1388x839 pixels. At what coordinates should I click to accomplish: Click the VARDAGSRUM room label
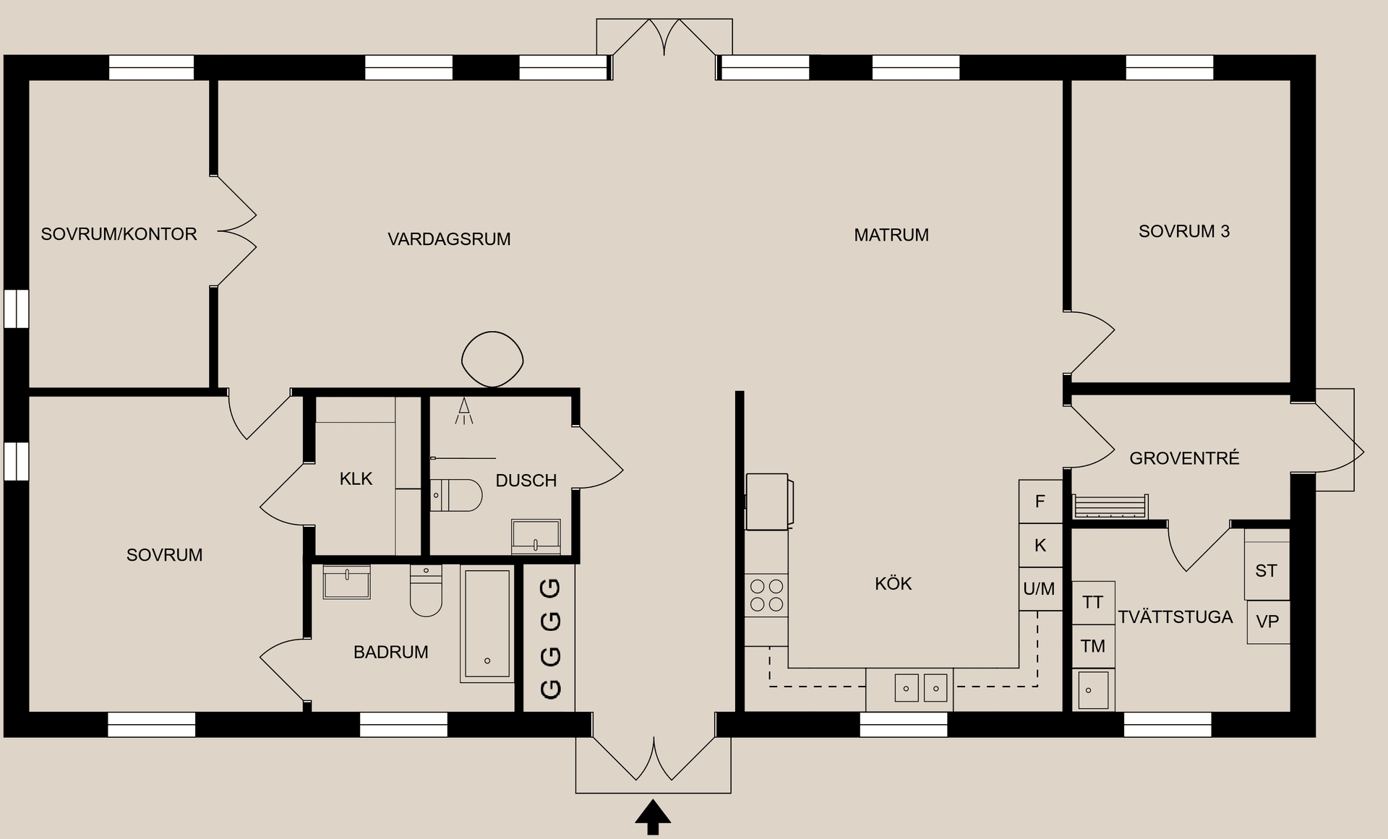point(449,239)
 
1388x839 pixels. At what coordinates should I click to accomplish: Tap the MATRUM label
point(891,235)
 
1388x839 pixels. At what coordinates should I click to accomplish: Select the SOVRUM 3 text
point(1184,231)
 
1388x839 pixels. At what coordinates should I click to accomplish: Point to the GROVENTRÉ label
point(1184,458)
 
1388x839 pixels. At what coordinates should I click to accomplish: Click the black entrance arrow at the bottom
point(653,817)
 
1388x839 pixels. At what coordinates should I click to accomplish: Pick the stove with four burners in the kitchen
point(766,595)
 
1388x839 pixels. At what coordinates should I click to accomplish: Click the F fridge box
point(1040,502)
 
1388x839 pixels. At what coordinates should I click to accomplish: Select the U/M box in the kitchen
point(1040,589)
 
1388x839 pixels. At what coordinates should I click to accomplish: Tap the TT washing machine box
point(1093,603)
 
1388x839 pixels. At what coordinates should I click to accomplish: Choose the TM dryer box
point(1093,646)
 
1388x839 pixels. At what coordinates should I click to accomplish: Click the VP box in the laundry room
point(1268,621)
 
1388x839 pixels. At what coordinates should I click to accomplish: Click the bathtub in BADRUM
point(487,624)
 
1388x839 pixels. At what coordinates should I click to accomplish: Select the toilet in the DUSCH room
point(456,495)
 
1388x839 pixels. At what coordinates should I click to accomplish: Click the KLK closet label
point(356,478)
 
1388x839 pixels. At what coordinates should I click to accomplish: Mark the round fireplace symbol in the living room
point(492,359)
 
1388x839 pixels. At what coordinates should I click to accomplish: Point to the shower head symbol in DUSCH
point(464,411)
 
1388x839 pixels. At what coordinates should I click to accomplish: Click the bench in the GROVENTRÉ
point(1110,506)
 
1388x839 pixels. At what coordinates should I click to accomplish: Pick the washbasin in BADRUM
point(347,582)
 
